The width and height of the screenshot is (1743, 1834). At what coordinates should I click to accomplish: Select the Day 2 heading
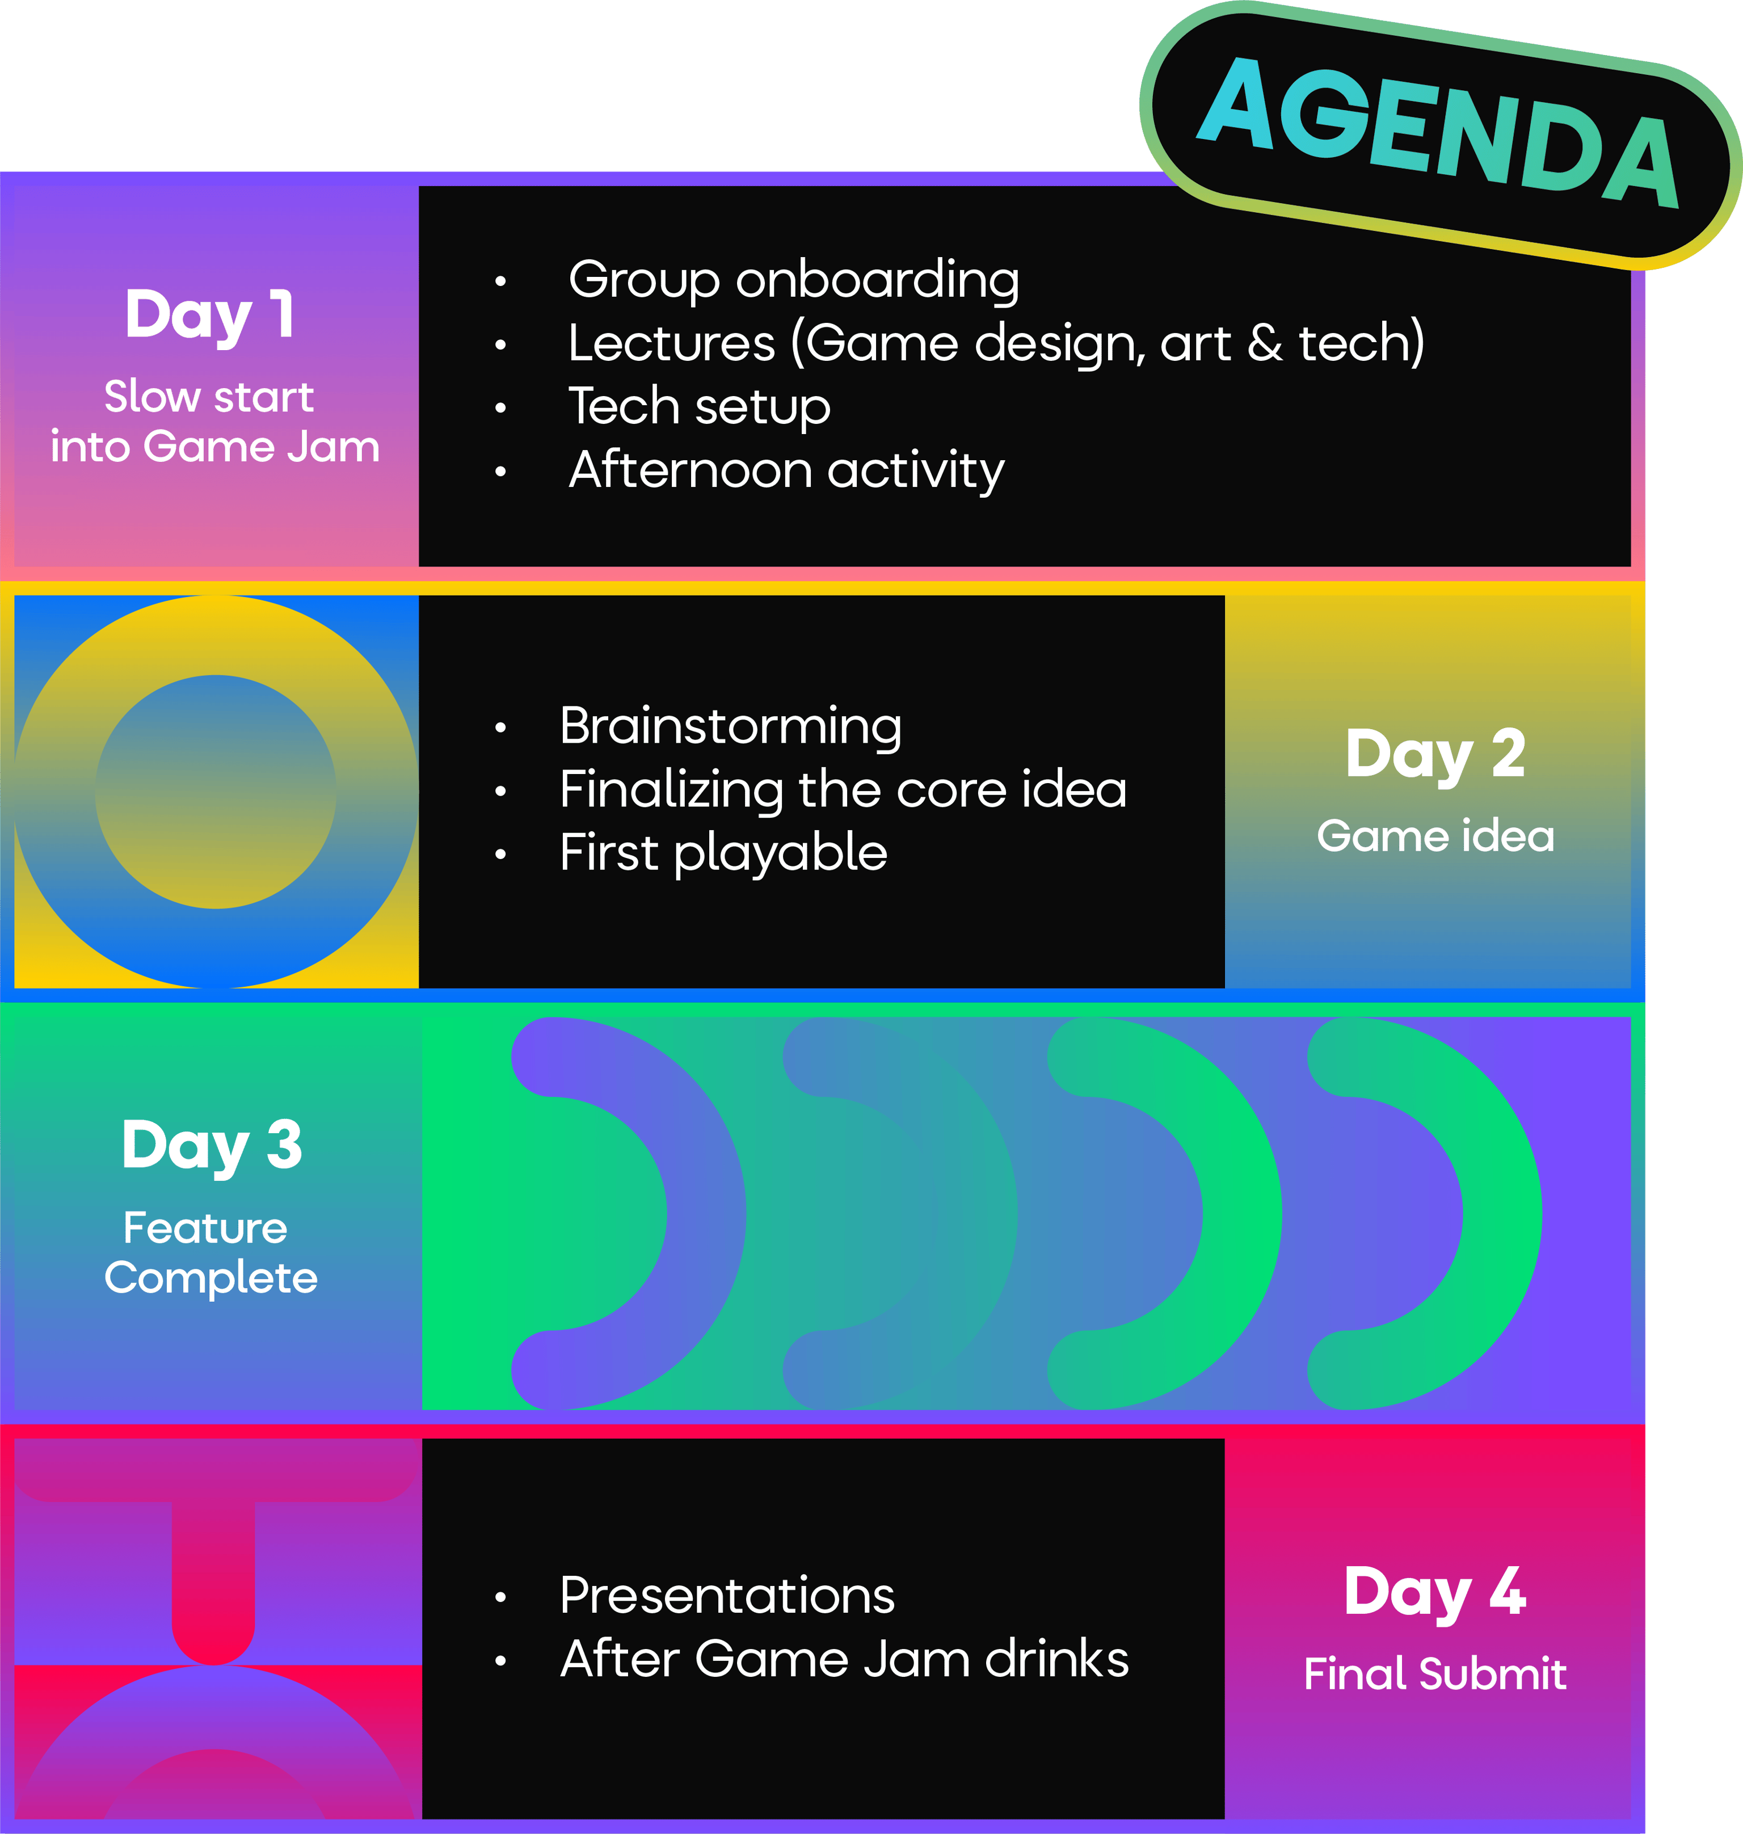pos(1435,754)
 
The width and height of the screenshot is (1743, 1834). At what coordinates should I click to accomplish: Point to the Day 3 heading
pos(212,1145)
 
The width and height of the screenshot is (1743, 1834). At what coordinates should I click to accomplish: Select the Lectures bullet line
pos(996,343)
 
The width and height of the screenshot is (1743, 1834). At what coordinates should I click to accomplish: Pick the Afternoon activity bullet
pos(786,470)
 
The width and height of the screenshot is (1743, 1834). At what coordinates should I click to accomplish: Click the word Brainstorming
pos(730,726)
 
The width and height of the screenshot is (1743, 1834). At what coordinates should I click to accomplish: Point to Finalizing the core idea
pos(843,790)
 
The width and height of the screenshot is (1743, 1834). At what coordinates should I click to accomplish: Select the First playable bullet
pos(723,853)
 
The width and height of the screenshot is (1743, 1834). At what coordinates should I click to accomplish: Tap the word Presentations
pos(727,1596)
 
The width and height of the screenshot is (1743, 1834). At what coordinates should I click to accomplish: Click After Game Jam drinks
pos(844,1659)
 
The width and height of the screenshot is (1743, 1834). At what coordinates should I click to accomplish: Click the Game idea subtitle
pos(1435,836)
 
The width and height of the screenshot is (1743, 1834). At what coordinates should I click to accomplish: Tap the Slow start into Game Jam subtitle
pos(214,422)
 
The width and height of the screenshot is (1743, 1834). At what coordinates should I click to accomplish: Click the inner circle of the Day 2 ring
pos(216,792)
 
